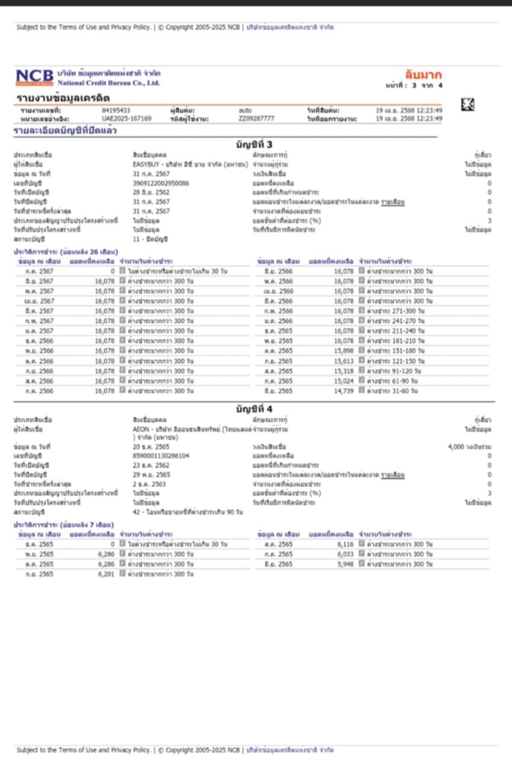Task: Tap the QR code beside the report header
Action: coord(468,104)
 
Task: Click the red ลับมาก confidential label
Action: coord(423,75)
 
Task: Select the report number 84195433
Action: coord(116,110)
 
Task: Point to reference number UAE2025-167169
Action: coord(126,119)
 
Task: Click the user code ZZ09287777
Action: coord(257,119)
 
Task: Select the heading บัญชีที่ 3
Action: coord(254,144)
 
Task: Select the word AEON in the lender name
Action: coord(140,429)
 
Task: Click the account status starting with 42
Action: coord(187,512)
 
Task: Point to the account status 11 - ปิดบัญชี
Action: coord(150,239)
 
